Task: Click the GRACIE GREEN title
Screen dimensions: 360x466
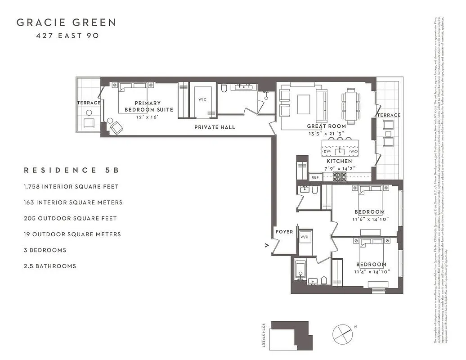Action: [x=66, y=22]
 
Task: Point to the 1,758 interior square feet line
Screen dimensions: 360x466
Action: [x=71, y=186]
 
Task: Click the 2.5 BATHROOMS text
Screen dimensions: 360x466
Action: [x=50, y=266]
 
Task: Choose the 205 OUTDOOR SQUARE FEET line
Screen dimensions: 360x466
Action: [x=70, y=218]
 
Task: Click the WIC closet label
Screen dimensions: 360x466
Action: [x=202, y=99]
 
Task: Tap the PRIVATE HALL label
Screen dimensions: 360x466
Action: [x=215, y=127]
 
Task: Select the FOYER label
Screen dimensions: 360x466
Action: [x=284, y=232]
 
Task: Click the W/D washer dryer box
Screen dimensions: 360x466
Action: [x=305, y=237]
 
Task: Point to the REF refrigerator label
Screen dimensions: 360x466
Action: [x=315, y=177]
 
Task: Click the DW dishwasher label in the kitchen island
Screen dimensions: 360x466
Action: [x=327, y=152]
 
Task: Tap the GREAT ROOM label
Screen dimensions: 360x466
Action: [x=327, y=126]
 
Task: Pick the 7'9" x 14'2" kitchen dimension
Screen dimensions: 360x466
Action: [x=339, y=168]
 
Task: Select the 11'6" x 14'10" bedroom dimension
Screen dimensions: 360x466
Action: [x=370, y=220]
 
